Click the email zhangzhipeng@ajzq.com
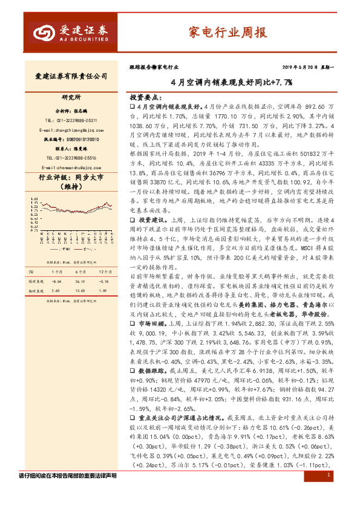pos(68,130)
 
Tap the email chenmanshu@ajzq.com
pos(68,167)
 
